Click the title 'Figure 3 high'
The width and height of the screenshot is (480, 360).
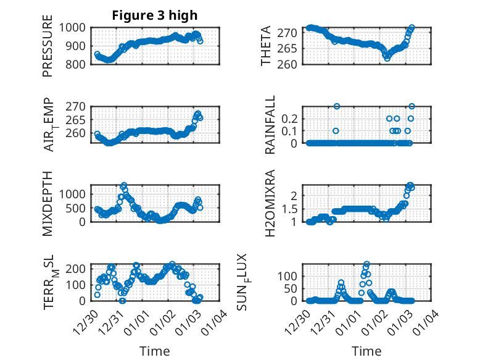point(154,15)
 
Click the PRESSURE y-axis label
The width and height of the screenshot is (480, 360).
point(48,46)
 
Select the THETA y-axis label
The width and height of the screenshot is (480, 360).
point(266,46)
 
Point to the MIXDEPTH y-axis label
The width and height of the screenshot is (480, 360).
point(48,203)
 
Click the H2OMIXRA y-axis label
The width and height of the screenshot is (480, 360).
point(270,203)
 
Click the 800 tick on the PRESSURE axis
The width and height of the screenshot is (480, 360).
point(78,64)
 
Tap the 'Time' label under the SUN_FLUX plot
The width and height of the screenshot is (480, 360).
point(366,351)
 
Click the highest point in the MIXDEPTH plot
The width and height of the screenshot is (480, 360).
point(124,185)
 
